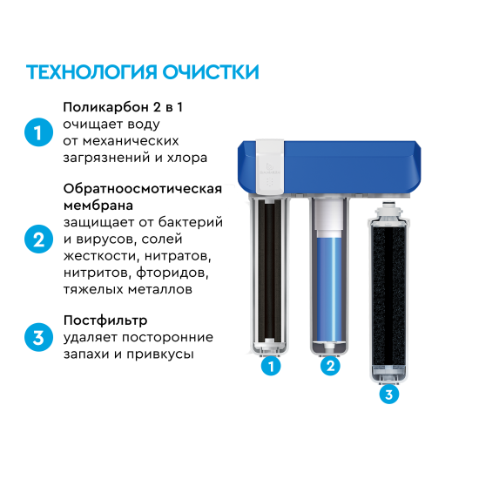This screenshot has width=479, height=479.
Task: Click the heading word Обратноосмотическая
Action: click(142, 188)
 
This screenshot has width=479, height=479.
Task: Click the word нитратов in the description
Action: click(179, 256)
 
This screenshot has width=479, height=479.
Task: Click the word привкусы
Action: click(163, 354)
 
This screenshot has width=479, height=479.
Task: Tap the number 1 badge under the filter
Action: click(272, 367)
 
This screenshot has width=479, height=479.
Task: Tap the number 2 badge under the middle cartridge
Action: click(329, 367)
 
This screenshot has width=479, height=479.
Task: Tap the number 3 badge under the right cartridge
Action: click(388, 395)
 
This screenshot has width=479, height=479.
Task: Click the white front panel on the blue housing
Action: click(271, 163)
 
